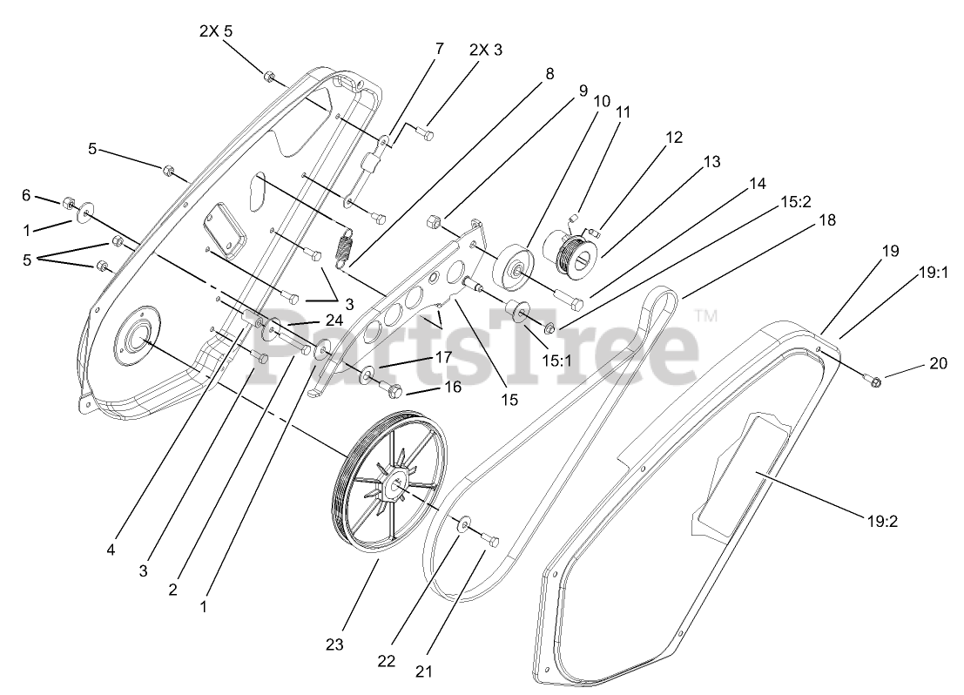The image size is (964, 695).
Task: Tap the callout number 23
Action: click(334, 644)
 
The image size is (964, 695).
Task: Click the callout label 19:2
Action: click(882, 522)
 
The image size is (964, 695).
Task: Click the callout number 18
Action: click(827, 220)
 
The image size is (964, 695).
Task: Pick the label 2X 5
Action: click(215, 31)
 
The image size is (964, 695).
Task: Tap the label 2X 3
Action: click(486, 50)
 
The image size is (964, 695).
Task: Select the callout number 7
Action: click(439, 49)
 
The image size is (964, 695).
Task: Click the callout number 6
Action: click(26, 196)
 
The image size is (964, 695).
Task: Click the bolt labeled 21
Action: click(490, 543)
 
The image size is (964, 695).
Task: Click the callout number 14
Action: click(757, 184)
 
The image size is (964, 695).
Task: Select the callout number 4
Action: click(111, 550)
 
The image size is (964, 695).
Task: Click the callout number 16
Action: click(451, 388)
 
